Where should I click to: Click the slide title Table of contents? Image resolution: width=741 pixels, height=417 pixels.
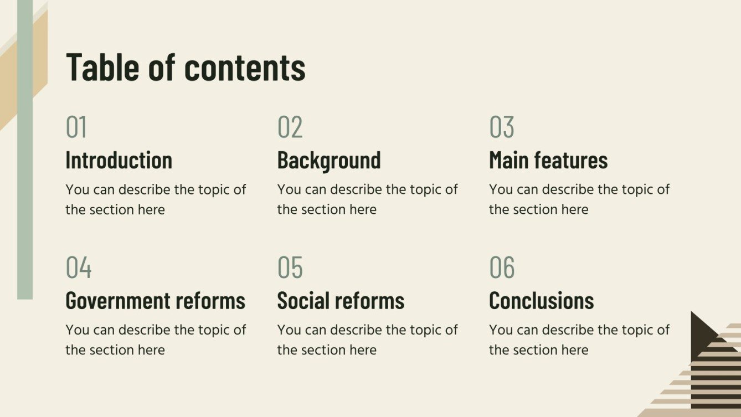pyautogui.click(x=186, y=67)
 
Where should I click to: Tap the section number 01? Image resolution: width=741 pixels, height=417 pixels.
pyautogui.click(x=76, y=127)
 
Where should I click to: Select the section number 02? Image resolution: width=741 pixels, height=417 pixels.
pyautogui.click(x=290, y=127)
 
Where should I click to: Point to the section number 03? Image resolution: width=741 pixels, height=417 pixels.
pyautogui.click(x=502, y=127)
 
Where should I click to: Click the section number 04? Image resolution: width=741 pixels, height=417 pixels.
pyautogui.click(x=79, y=267)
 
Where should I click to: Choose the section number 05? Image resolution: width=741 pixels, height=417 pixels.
pyautogui.click(x=290, y=267)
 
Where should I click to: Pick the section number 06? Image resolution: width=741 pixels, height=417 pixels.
pyautogui.click(x=502, y=267)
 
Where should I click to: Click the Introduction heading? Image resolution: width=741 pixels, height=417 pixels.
pyautogui.click(x=119, y=160)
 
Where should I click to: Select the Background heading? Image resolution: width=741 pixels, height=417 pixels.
pyautogui.click(x=329, y=160)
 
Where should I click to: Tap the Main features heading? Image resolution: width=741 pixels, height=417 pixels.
pyautogui.click(x=548, y=160)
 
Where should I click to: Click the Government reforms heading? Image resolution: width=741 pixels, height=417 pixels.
pyautogui.click(x=156, y=301)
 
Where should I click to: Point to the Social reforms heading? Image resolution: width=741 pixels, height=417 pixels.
pyautogui.click(x=341, y=301)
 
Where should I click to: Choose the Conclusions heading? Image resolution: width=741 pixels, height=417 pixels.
pyautogui.click(x=541, y=301)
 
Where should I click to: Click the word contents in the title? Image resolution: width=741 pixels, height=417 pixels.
pyautogui.click(x=245, y=68)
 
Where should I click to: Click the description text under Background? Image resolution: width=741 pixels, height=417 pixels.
pyautogui.click(x=367, y=199)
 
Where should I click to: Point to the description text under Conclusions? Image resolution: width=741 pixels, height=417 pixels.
pyautogui.click(x=579, y=339)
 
